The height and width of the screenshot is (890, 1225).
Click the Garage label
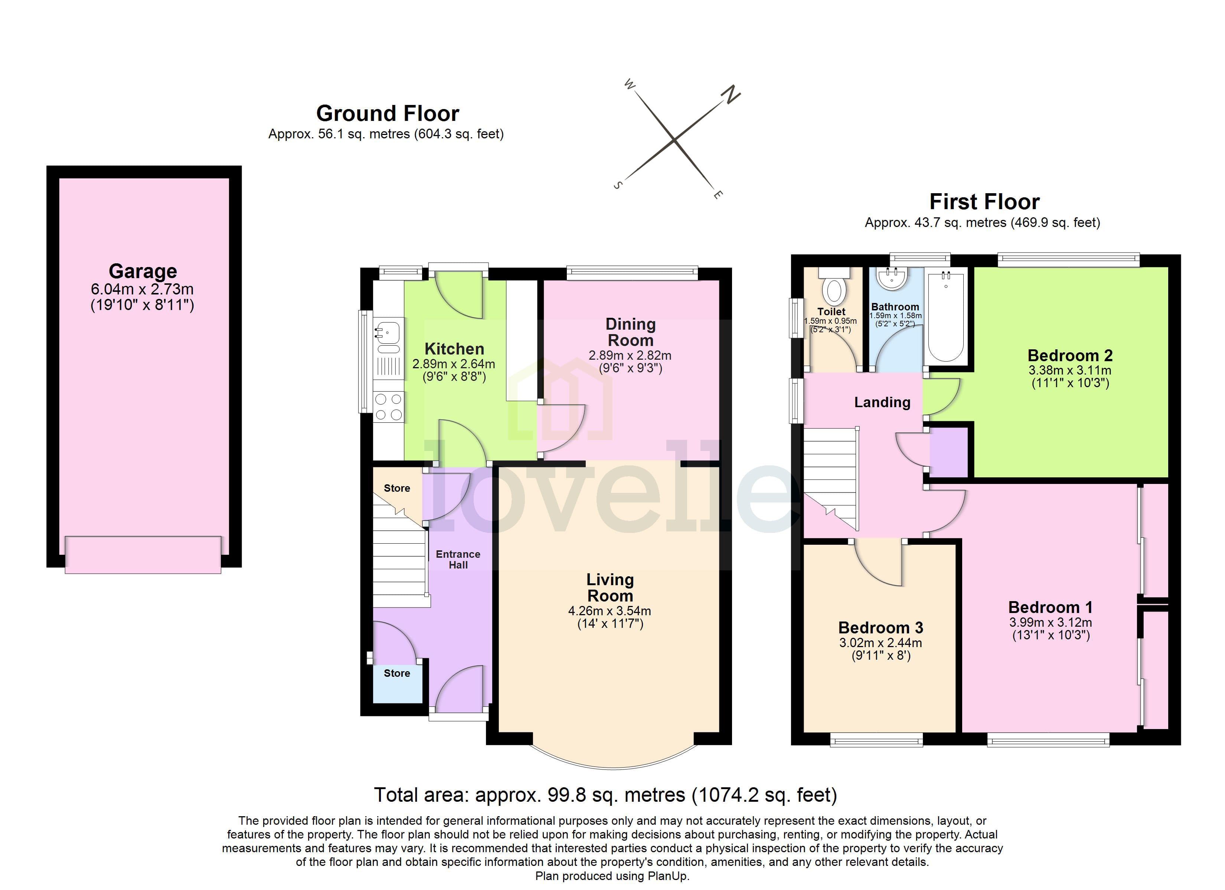point(143,271)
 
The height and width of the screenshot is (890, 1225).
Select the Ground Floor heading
point(387,114)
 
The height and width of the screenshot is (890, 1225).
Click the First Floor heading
point(984,202)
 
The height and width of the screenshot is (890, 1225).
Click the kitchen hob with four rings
point(388,407)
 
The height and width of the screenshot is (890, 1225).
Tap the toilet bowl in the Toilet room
point(834,291)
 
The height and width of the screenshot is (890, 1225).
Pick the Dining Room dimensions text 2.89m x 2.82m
point(630,356)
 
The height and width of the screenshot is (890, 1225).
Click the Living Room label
point(610,588)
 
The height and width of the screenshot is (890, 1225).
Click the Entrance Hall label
point(458,560)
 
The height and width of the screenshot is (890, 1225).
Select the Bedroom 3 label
point(881,628)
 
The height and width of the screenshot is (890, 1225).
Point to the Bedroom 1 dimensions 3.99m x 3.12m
point(1051,622)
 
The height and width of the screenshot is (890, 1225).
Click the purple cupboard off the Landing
point(948,452)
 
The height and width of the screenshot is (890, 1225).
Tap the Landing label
point(882,402)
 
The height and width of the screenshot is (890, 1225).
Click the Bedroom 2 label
point(1069,356)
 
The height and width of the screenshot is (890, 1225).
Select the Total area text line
point(605,795)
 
